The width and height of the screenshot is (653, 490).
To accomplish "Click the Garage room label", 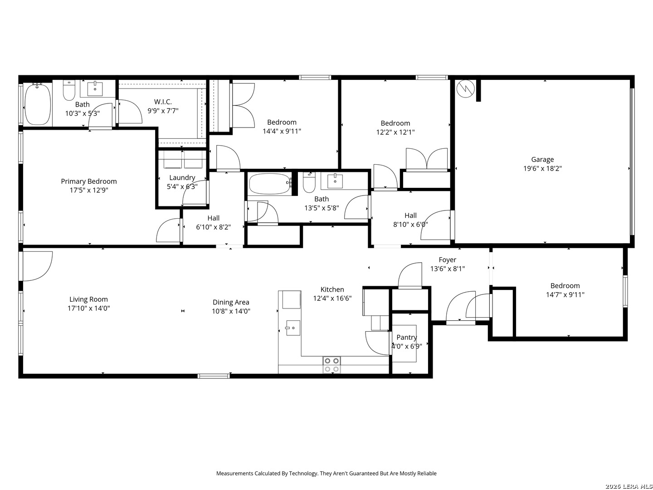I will click(542, 159).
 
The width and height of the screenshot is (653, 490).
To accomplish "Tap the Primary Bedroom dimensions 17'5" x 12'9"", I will click(89, 191).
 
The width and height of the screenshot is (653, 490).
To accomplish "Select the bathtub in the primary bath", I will click(38, 105).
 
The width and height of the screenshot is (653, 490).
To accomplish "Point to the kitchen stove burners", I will click(331, 365).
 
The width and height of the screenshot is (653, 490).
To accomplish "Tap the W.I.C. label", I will click(163, 102).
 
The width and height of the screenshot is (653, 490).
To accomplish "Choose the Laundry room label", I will click(182, 177).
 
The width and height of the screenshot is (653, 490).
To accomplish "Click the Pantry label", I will click(406, 337).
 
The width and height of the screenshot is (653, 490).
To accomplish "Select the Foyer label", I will click(447, 260).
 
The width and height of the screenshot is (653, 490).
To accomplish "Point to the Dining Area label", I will click(231, 302).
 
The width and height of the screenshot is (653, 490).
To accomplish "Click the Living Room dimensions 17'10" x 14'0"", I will click(89, 309).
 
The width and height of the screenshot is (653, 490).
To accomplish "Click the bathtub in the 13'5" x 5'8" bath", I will click(270, 184).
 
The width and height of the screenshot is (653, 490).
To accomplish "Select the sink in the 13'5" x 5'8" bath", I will click(335, 181).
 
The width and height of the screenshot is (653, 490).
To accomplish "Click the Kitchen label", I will click(332, 289).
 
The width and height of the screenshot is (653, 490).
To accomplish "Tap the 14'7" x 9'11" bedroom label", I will click(565, 285).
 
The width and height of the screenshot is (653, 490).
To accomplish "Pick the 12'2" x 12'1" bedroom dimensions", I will click(395, 132).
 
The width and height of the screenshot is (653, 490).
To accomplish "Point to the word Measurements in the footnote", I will click(234, 473).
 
